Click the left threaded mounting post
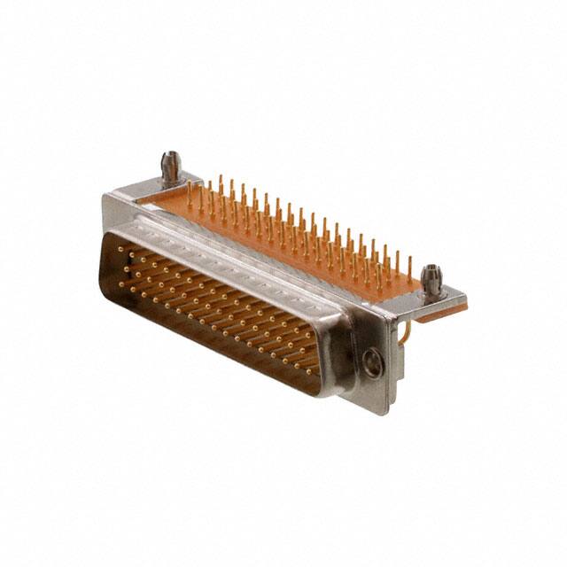click(170, 167)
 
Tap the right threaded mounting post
click(431, 280)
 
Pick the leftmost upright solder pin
click(189, 194)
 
